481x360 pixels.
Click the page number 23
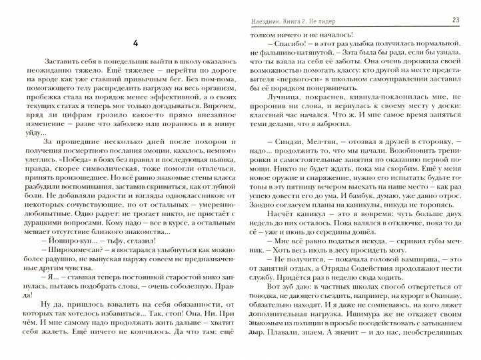(456, 19)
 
